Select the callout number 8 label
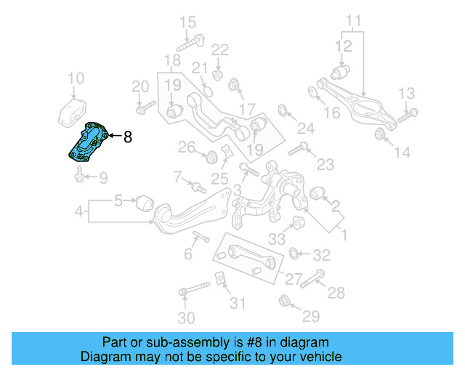tap(128, 136)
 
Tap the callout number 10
tap(76, 78)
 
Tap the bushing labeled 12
tap(340, 73)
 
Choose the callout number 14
tap(402, 152)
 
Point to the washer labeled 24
tap(283, 110)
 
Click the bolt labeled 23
tap(299, 151)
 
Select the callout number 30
tap(186, 318)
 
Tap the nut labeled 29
tap(283, 299)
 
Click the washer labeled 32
tap(294, 254)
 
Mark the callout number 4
tap(78, 212)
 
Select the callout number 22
tap(219, 50)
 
